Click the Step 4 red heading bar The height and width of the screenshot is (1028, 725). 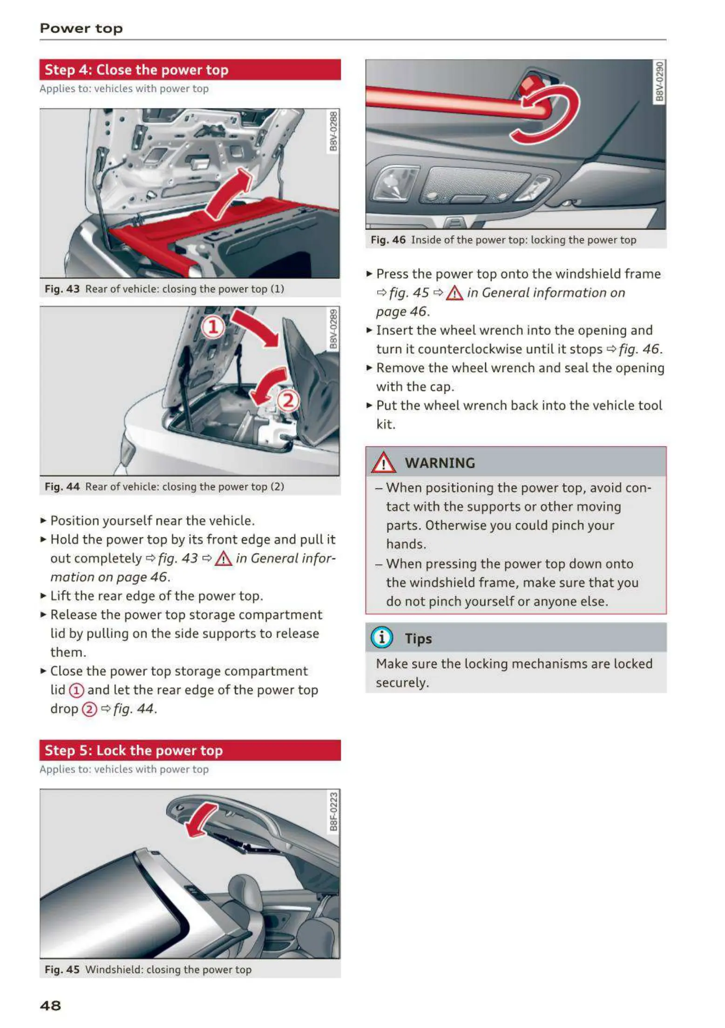(190, 70)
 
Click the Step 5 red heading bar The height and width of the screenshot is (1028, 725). (190, 750)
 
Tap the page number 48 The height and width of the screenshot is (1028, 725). (50, 1005)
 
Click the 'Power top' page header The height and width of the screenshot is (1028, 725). (81, 28)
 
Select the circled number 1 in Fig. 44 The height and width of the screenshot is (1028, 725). (213, 327)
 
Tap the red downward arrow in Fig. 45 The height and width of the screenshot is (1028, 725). (200, 822)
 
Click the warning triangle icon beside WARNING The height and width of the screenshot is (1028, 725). (383, 462)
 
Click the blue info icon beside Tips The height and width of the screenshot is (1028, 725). (382, 637)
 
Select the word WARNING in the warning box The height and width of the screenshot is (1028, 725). (440, 463)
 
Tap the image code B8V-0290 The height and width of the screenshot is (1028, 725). (659, 81)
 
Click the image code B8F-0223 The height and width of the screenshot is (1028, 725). (333, 812)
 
